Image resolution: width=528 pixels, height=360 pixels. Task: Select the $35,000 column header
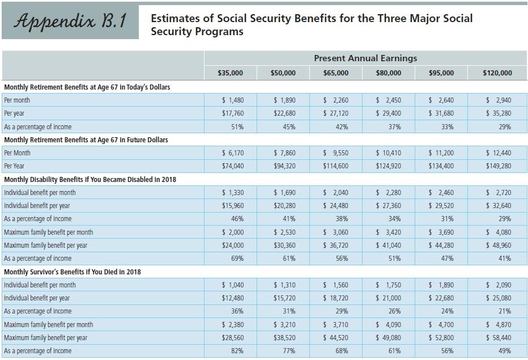point(230,73)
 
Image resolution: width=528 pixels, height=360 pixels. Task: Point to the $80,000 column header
point(389,73)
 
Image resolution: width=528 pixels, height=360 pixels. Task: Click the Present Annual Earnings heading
point(365,58)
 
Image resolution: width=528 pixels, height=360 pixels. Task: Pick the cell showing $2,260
point(335,100)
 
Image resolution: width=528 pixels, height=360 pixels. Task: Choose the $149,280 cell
point(497,166)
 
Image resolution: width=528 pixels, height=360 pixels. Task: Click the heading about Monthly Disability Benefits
point(90,180)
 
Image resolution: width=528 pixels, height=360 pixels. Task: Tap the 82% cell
point(237,351)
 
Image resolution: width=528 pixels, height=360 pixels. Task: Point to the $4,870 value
point(498,325)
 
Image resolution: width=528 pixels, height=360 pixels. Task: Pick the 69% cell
point(237,259)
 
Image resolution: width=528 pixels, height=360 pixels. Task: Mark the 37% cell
point(395,127)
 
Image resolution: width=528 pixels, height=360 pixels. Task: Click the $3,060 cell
point(335,232)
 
